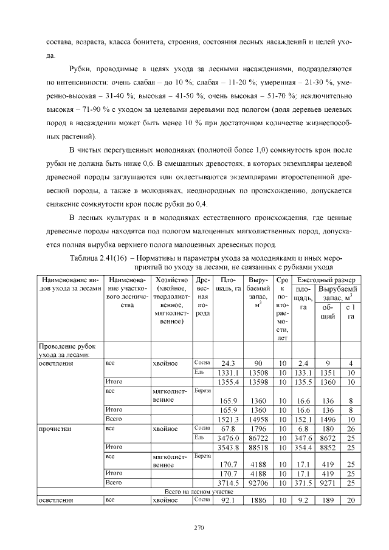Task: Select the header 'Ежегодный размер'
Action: (x=325, y=279)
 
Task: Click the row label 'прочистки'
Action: (x=56, y=429)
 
